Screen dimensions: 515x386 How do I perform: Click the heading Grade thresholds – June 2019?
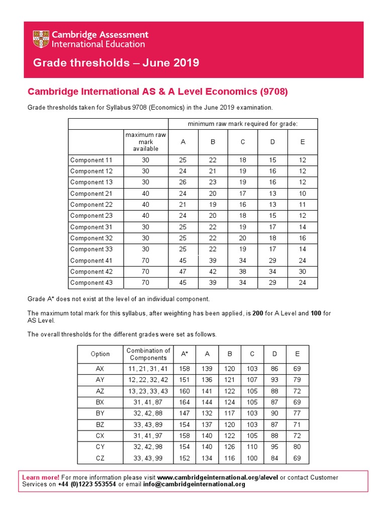(x=116, y=63)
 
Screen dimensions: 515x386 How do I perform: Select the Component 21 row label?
(x=91, y=194)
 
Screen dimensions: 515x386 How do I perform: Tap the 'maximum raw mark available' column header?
(x=146, y=142)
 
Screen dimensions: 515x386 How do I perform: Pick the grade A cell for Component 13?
(x=183, y=183)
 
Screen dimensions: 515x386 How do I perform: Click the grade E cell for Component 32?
(x=302, y=238)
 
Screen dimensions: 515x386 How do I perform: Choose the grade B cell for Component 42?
(x=213, y=272)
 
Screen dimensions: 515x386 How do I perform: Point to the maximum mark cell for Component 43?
(x=146, y=283)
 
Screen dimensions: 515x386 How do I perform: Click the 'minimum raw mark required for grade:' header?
(x=243, y=124)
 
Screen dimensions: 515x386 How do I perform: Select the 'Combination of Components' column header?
(x=148, y=354)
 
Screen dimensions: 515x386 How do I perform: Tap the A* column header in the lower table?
(x=184, y=354)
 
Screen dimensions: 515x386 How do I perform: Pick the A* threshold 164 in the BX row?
(x=184, y=402)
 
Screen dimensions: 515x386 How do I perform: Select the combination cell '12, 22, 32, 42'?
(x=148, y=380)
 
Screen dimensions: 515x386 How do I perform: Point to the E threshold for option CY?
(x=298, y=447)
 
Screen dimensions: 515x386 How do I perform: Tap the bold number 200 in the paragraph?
(x=258, y=313)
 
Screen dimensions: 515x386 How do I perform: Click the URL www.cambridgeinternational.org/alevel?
(x=218, y=477)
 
